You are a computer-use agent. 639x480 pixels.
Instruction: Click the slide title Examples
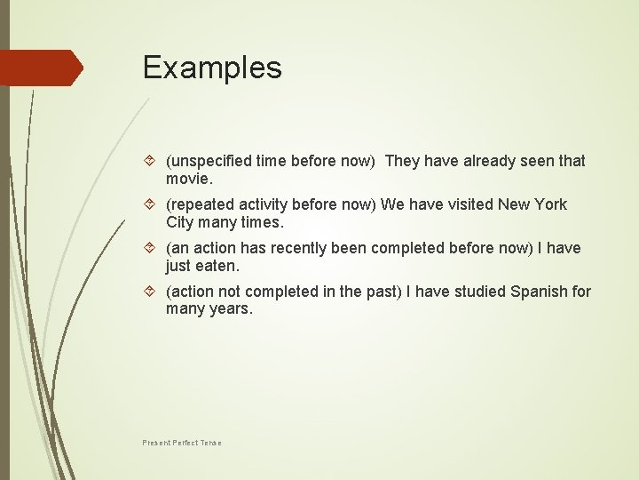point(212,68)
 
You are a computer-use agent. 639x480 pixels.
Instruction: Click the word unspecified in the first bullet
point(211,161)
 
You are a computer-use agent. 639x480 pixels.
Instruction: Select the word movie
point(186,179)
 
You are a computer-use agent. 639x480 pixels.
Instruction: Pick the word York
point(549,204)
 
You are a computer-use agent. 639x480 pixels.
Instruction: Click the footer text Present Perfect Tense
point(182,443)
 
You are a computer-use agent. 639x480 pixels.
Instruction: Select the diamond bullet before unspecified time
point(150,161)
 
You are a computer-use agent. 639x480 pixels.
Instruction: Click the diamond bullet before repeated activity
point(150,204)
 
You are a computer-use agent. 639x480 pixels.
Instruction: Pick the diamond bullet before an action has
point(150,248)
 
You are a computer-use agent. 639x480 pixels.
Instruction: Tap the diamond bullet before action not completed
point(150,292)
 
